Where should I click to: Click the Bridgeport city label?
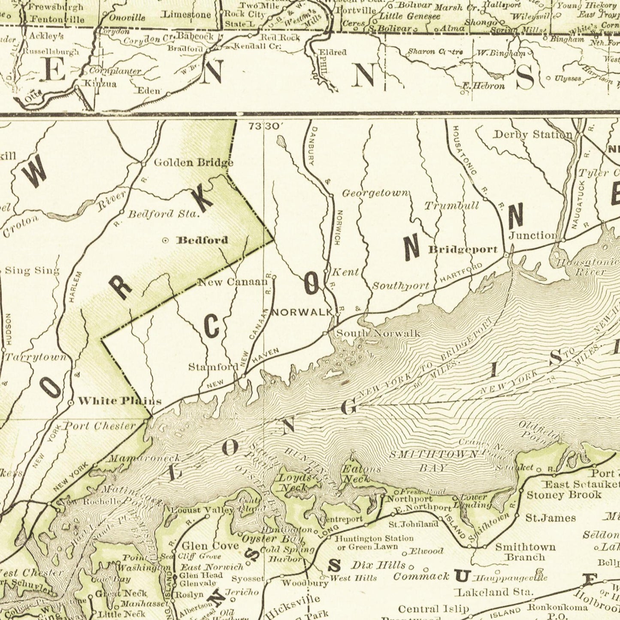(463, 249)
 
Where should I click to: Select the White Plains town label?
(120, 401)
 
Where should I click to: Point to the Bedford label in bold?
(203, 240)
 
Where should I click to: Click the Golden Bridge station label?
(194, 163)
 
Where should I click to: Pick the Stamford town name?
(213, 367)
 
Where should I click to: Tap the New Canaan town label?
(232, 282)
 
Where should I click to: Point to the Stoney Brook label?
(564, 495)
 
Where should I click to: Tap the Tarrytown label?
(36, 357)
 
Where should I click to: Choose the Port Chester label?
(100, 426)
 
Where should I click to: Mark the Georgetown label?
(375, 194)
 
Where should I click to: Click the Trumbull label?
(452, 206)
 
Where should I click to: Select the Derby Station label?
(532, 135)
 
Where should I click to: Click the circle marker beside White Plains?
(71, 402)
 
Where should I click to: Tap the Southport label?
(400, 286)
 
